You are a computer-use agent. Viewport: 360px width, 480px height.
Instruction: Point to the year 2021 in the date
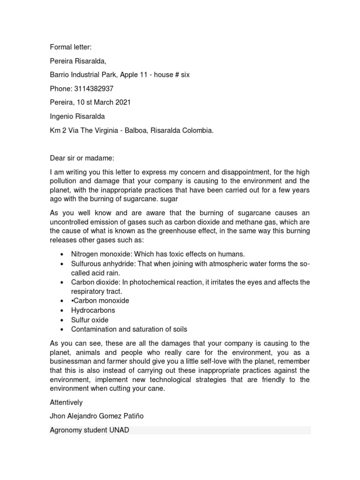[122, 103]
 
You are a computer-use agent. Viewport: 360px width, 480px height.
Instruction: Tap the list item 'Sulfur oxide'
[90, 320]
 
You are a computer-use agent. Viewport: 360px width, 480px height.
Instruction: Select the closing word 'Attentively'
[67, 402]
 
